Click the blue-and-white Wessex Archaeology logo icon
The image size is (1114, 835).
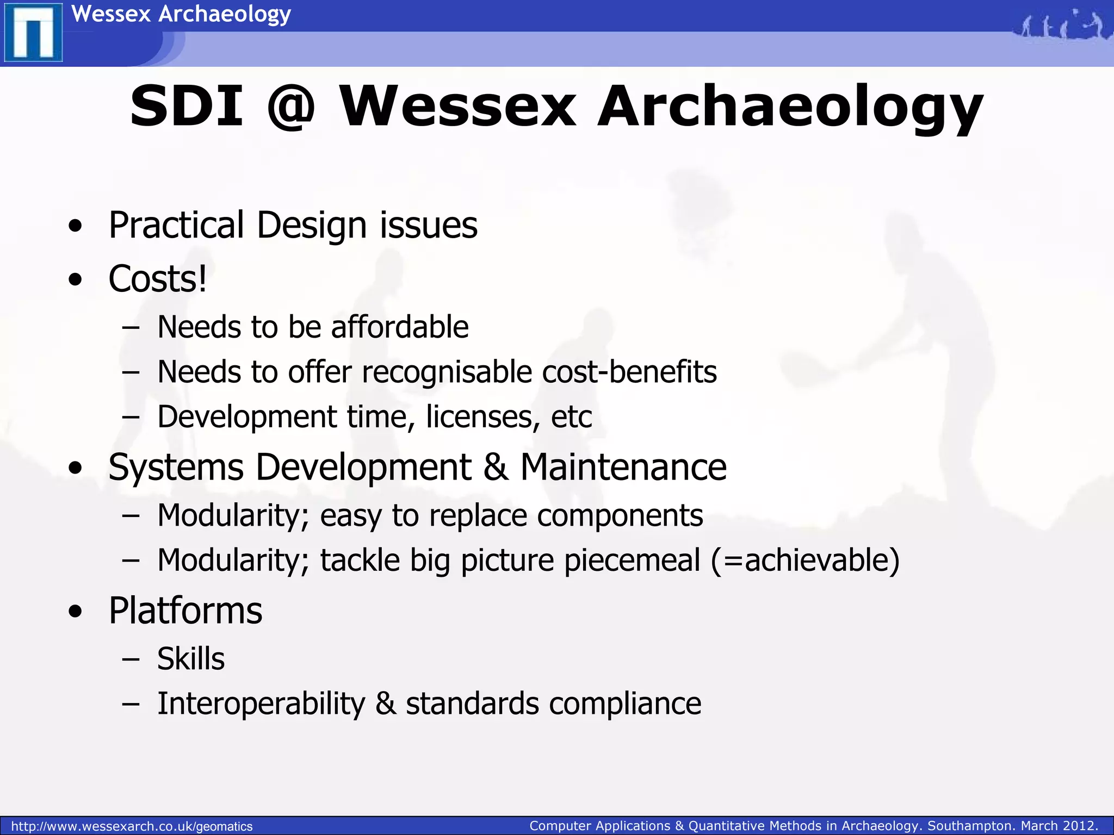point(33,33)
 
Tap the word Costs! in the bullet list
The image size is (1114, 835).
point(157,279)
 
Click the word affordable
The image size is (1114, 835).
point(400,327)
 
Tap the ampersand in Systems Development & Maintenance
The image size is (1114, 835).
point(496,467)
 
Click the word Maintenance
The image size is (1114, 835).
point(623,467)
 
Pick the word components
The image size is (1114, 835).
point(620,516)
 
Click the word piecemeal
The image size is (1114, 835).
point(632,560)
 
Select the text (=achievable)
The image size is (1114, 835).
point(806,560)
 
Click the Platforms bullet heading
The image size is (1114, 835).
point(185,610)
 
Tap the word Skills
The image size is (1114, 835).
point(191,659)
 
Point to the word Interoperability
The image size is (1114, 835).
point(261,704)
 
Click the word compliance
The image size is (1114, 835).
point(625,704)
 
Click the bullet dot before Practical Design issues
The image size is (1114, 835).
point(76,226)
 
